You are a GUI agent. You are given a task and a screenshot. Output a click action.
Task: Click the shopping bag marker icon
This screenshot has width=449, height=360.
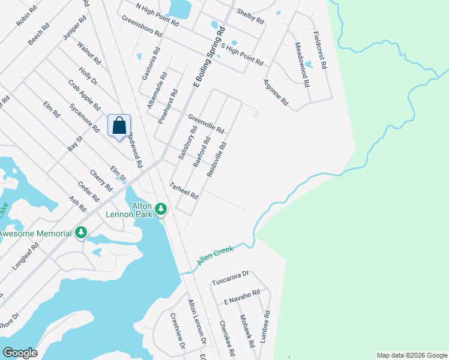pos(119,125)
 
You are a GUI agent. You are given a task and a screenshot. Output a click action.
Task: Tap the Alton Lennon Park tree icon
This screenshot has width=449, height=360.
pos(161,209)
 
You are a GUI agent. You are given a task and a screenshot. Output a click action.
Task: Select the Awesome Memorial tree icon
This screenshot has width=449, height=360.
pos(81,232)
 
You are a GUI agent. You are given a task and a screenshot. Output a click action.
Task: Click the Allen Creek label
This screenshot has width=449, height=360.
pos(215,254)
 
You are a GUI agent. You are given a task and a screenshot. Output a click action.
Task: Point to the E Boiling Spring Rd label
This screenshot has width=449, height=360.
pos(208,56)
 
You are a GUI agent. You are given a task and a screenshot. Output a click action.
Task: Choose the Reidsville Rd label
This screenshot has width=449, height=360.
pos(217,159)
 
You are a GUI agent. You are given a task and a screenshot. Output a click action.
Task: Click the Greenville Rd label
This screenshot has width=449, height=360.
pos(206,124)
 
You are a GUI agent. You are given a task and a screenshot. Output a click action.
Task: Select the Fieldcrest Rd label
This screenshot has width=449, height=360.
pos(319,50)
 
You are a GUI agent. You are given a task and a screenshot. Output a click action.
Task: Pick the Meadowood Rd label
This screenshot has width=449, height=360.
pos(301,65)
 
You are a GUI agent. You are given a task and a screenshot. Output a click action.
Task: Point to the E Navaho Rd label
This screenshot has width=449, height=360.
pos(241,296)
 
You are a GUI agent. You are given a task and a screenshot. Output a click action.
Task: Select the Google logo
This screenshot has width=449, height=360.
pos(20,353)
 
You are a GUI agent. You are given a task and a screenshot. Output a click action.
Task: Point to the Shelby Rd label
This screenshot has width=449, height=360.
pos(250,16)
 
